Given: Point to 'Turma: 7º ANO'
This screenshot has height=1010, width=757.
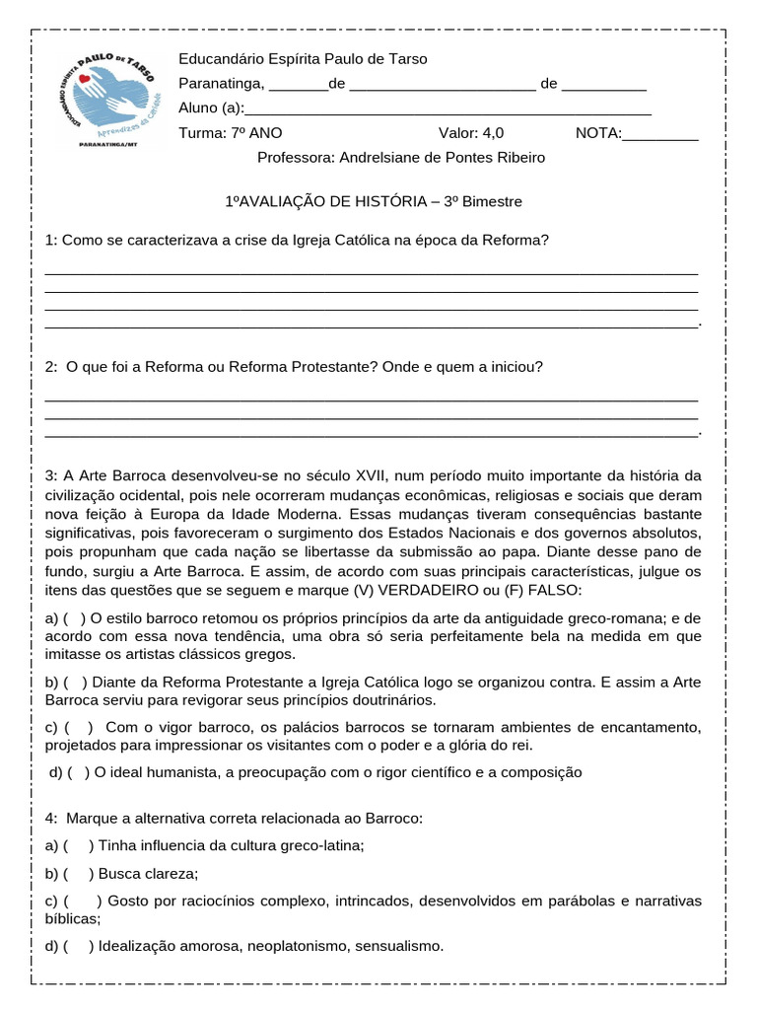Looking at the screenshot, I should [x=222, y=133].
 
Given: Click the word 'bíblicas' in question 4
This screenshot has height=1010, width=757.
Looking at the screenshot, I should [x=71, y=918].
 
